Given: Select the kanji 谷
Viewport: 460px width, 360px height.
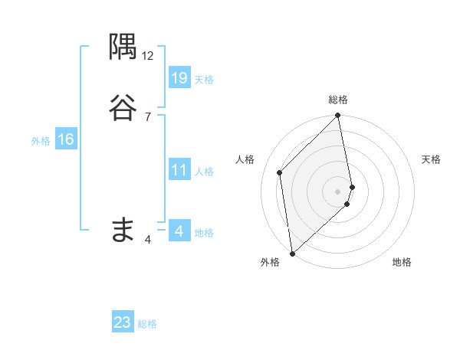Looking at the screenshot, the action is point(123,107).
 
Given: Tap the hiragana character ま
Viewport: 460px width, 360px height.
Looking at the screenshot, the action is point(123,228).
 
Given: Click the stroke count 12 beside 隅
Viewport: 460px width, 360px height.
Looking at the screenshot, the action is point(148,56).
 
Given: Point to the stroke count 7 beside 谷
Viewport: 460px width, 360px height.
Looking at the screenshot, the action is point(148,116).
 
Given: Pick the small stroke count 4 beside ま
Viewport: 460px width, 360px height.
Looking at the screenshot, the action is point(148,240).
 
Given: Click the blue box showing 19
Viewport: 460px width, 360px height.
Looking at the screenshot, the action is point(179,77).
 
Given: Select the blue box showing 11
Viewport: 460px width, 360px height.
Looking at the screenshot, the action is point(179,170).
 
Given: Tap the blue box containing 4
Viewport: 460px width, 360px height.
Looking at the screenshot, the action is point(179,231).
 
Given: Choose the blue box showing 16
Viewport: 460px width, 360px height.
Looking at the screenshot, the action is point(66,139).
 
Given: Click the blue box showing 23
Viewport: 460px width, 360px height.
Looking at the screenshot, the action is point(123,322).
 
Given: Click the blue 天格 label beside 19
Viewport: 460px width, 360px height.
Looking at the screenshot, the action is point(204,80).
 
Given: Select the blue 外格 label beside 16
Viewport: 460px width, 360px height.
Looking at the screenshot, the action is point(41,141).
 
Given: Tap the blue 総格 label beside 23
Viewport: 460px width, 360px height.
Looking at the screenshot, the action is point(147,325).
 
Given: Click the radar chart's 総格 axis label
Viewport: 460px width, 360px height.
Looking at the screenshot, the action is point(338,100).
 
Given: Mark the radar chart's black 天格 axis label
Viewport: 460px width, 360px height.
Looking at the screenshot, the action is point(432,159).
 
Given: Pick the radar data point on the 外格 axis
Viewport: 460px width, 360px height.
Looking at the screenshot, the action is point(291,253).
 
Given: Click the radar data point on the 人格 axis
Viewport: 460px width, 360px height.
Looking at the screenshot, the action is point(280,172).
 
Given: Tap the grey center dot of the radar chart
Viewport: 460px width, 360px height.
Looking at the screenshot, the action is point(338,191).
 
